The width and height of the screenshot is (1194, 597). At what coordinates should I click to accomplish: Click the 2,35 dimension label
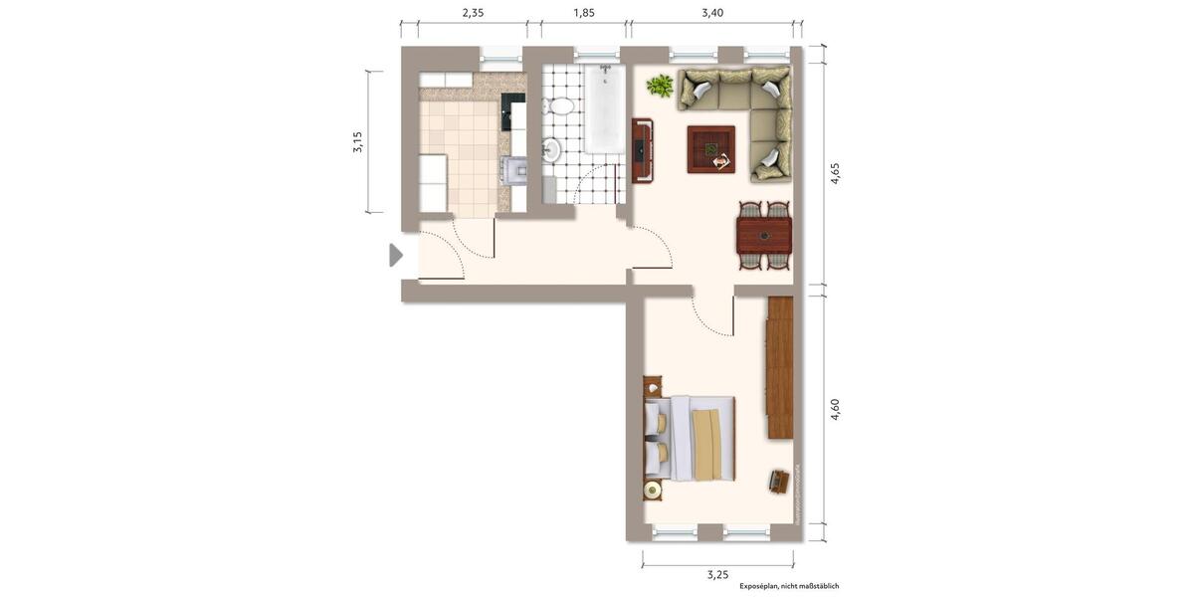tap(473, 13)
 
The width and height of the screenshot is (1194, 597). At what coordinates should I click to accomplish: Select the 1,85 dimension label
tap(584, 13)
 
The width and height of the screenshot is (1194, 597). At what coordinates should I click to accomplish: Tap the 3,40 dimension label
tap(712, 13)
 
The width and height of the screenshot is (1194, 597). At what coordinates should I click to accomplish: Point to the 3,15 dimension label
tap(358, 141)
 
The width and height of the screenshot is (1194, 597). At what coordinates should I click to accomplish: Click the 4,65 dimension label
tap(836, 173)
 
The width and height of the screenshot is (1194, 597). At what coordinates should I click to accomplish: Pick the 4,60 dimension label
tap(836, 409)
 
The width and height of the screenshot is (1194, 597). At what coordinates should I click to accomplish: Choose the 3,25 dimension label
tap(717, 574)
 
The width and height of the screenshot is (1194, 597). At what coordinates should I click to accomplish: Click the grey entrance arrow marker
tap(395, 255)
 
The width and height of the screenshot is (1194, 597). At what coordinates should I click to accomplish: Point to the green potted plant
tap(660, 86)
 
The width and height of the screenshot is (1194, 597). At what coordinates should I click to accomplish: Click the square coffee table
tap(710, 149)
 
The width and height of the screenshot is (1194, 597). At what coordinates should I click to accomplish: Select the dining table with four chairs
tap(763, 236)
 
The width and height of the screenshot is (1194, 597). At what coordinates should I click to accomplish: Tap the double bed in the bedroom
tap(696, 439)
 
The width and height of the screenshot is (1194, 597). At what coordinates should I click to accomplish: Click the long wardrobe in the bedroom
tap(780, 367)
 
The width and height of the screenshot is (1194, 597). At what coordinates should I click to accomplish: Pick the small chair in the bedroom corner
tap(780, 482)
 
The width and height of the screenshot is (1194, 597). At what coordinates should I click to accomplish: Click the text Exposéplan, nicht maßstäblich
tap(789, 586)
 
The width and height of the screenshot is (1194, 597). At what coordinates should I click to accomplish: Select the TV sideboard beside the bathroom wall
tap(643, 150)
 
